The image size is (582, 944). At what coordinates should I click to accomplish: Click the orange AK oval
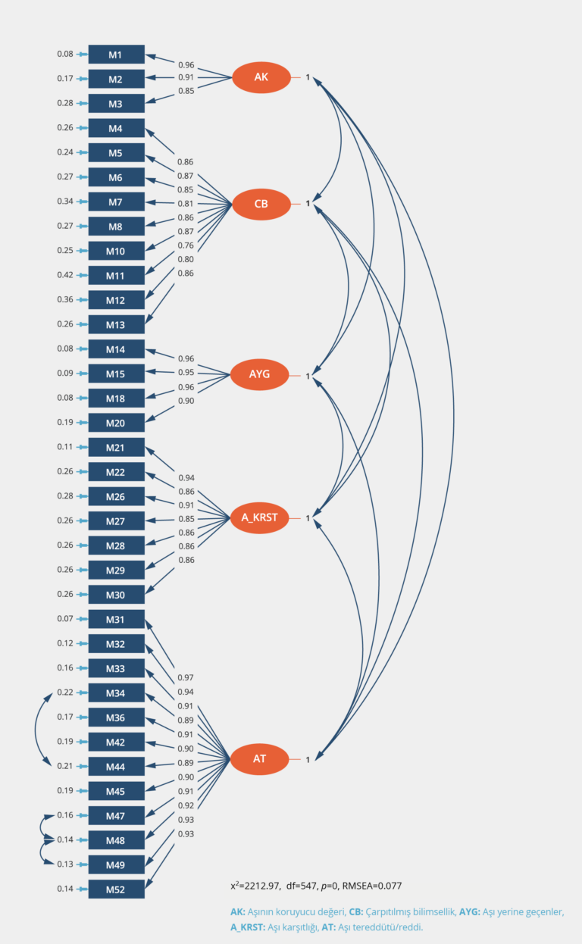(x=261, y=77)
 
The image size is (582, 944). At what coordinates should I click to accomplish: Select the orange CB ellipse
(x=261, y=204)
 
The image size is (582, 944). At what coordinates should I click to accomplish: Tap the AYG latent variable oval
(x=260, y=374)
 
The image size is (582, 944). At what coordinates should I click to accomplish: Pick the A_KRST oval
(x=260, y=517)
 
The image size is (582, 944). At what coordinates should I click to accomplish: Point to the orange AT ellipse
(x=260, y=759)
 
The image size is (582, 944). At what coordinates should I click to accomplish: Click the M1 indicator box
(x=116, y=55)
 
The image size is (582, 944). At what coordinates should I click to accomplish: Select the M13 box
(x=116, y=324)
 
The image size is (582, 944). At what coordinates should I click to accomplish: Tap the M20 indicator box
(x=116, y=423)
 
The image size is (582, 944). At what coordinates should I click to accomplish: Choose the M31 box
(x=116, y=619)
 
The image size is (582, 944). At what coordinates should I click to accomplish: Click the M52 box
(x=116, y=889)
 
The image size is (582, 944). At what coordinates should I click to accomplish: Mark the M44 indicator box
(x=116, y=767)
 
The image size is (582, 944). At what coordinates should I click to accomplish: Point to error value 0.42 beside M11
(x=65, y=275)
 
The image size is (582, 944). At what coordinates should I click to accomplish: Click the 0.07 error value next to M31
(x=65, y=619)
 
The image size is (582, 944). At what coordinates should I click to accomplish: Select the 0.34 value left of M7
(x=65, y=201)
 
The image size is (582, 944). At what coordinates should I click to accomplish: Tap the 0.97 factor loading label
(x=186, y=677)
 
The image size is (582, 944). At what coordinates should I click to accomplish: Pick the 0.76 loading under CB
(x=186, y=245)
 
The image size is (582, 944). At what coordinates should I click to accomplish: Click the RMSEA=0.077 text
(x=371, y=886)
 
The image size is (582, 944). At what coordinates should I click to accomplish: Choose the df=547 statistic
(x=302, y=886)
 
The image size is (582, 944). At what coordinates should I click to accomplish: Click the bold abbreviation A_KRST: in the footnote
(x=248, y=927)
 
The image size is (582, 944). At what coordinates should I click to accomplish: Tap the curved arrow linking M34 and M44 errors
(x=36, y=729)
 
